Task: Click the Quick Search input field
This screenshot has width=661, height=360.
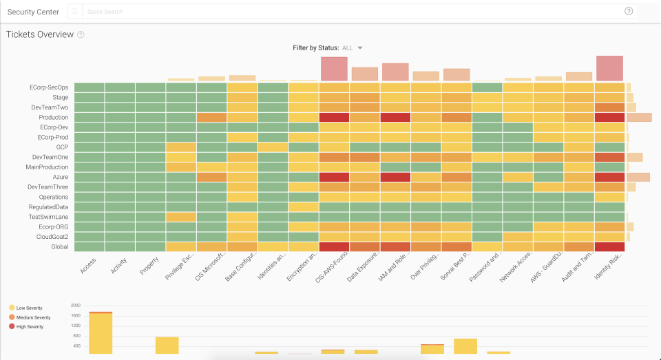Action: click(x=344, y=11)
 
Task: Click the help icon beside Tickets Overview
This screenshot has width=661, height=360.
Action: click(x=81, y=35)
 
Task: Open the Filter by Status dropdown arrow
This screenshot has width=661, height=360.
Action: click(x=359, y=48)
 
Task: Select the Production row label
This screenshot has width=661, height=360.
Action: click(x=53, y=118)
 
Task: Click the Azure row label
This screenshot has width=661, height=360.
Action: click(x=59, y=177)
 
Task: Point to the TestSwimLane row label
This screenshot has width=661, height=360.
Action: click(x=48, y=217)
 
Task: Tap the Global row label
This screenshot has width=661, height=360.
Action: click(x=59, y=246)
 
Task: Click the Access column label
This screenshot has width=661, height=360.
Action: click(x=88, y=265)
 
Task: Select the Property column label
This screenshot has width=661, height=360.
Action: click(x=149, y=265)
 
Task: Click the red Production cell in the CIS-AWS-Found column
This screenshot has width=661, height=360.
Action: click(x=334, y=118)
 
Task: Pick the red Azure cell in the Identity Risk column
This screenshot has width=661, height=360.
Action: click(x=609, y=177)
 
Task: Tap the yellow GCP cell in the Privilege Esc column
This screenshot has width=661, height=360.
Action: click(x=180, y=147)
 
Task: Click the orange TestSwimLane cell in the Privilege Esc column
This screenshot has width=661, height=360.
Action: click(x=180, y=217)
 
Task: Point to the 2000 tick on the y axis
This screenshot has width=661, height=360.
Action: click(x=76, y=305)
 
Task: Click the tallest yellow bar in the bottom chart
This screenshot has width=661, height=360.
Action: click(x=101, y=333)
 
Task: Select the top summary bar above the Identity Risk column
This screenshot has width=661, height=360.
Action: click(x=609, y=68)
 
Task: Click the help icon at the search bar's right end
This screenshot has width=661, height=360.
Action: click(x=628, y=11)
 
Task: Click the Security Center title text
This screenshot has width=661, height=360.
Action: click(x=33, y=12)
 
